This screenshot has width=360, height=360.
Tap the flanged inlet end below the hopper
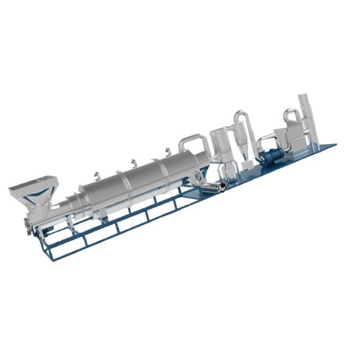click(x=28, y=224)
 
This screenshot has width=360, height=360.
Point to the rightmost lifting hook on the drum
click(x=164, y=149)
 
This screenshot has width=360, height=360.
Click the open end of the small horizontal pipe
click(x=223, y=188)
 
